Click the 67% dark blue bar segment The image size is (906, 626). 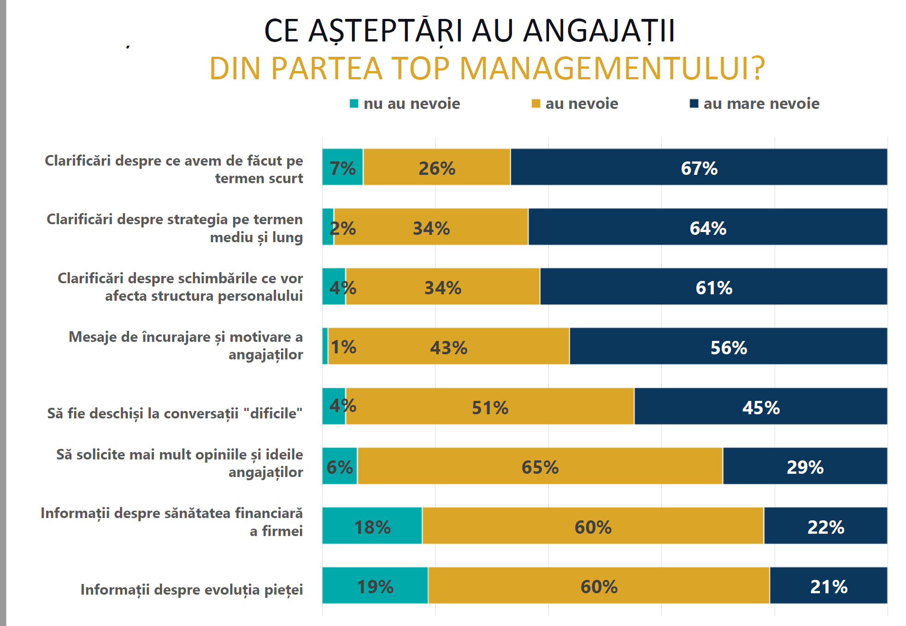point(699,167)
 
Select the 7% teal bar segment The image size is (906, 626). point(342,167)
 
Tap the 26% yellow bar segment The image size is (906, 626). point(436,167)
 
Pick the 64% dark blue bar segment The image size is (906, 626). point(707,227)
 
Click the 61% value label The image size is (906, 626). point(714,288)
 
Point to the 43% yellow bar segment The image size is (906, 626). point(448,346)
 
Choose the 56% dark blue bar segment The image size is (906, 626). point(728,346)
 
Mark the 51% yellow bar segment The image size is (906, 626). point(490,406)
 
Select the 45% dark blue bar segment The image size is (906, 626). point(760,406)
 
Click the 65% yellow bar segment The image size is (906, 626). point(540,466)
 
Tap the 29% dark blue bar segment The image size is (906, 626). point(805,466)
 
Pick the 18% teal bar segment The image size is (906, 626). point(372,526)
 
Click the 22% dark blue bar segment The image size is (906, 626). point(825,526)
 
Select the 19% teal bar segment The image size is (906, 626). point(375,585)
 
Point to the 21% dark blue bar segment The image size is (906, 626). point(828,585)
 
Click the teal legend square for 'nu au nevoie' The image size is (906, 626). point(354,103)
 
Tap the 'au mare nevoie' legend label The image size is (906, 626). point(761,103)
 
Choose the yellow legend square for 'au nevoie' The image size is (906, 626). point(535,103)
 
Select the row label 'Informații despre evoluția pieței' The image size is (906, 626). point(192,590)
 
